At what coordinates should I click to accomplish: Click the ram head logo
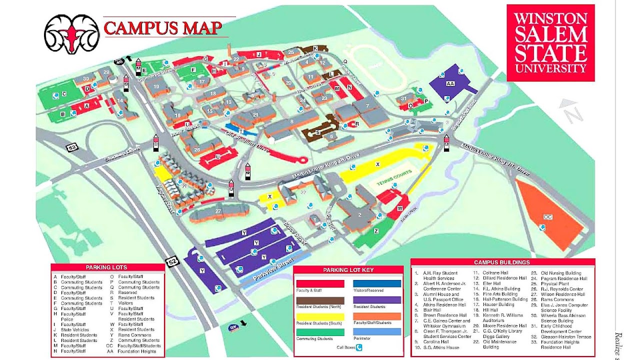coord(71,34)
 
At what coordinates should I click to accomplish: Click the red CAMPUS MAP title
coord(162,28)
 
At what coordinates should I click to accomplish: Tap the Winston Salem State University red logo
coord(550,43)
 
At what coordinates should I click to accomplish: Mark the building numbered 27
coord(218,212)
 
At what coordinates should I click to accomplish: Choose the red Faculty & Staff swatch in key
coord(320,283)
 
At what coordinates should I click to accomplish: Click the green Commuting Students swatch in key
coord(320,332)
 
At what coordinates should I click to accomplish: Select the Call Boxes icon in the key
coord(358,347)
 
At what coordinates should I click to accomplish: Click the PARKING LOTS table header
coord(106,267)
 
